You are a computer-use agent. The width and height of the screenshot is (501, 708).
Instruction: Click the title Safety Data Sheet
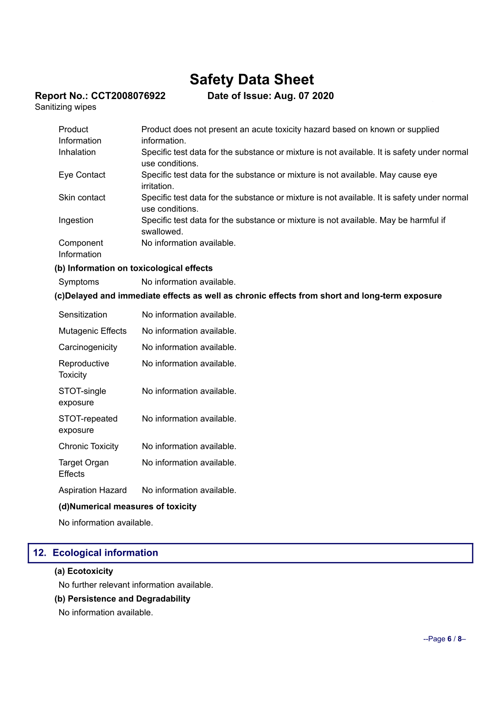click(251, 80)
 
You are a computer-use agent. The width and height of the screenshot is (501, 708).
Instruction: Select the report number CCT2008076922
click(128, 96)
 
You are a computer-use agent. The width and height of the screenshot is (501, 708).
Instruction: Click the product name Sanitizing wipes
click(66, 107)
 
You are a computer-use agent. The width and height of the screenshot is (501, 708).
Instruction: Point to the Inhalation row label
click(77, 152)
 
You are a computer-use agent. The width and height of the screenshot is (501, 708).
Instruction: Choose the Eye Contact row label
click(82, 175)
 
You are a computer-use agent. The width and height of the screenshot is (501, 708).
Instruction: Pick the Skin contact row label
click(82, 197)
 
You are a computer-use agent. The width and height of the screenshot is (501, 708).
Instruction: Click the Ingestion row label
click(76, 220)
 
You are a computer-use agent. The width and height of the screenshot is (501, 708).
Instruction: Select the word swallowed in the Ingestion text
click(162, 232)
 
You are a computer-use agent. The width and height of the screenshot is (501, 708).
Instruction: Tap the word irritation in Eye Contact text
click(157, 186)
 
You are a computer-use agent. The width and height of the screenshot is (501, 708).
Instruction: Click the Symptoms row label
click(79, 282)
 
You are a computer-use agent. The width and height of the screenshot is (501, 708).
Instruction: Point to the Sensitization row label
click(83, 315)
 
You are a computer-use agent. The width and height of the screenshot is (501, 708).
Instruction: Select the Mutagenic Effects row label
click(92, 331)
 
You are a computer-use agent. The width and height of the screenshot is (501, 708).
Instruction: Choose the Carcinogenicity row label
click(88, 347)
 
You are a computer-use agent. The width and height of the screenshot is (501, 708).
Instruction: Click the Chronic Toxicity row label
click(89, 446)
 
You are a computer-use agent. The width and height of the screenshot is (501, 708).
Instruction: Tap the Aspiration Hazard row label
click(92, 490)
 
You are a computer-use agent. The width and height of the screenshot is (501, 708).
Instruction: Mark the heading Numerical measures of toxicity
click(133, 507)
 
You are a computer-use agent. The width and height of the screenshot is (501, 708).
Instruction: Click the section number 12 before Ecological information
click(39, 553)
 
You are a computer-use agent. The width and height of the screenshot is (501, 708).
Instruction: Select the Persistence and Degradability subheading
click(129, 599)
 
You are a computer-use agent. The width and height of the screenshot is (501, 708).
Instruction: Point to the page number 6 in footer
click(449, 639)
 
